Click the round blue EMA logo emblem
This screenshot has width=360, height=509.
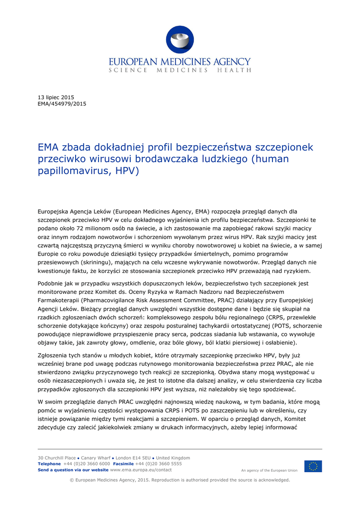pyautogui.click(x=180, y=40)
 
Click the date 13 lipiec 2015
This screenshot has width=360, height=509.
pyautogui.click(x=56, y=97)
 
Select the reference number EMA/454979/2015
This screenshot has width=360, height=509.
pyautogui.click(x=62, y=104)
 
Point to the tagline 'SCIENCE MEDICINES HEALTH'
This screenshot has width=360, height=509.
pyautogui.click(x=180, y=71)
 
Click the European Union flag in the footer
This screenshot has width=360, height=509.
pyautogui.click(x=313, y=466)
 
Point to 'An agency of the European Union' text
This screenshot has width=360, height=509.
pyautogui.click(x=270, y=470)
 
